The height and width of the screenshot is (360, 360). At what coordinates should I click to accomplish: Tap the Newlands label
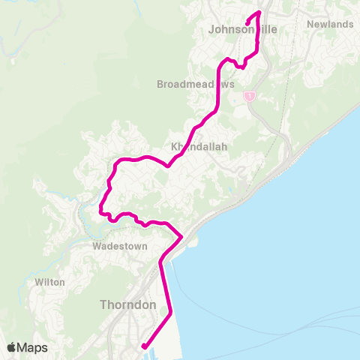point(330,24)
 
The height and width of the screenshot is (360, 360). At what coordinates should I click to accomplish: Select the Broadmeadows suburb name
point(196,84)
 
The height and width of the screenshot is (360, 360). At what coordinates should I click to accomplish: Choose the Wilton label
point(49,282)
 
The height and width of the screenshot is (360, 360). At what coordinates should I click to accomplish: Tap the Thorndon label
point(127,305)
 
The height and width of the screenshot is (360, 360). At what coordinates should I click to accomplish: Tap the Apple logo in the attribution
point(11,347)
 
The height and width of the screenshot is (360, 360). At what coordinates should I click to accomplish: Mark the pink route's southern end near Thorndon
point(143,346)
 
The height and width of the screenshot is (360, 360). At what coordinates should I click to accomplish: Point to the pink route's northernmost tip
point(259,12)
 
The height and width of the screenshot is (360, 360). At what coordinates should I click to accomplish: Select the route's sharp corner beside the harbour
point(181,237)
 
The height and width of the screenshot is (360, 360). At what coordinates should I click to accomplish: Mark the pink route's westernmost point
point(100,206)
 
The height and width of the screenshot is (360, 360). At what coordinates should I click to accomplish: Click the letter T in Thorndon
point(103,305)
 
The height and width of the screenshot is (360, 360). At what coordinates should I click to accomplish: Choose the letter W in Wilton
point(37,282)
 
